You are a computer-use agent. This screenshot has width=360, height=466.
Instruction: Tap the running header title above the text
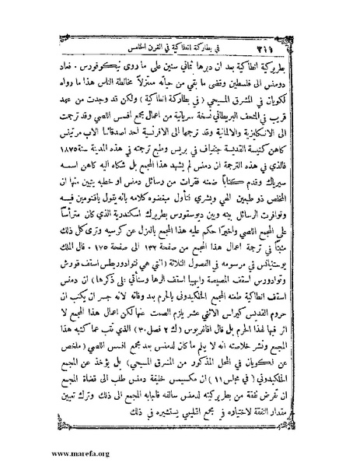pos(183,19)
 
